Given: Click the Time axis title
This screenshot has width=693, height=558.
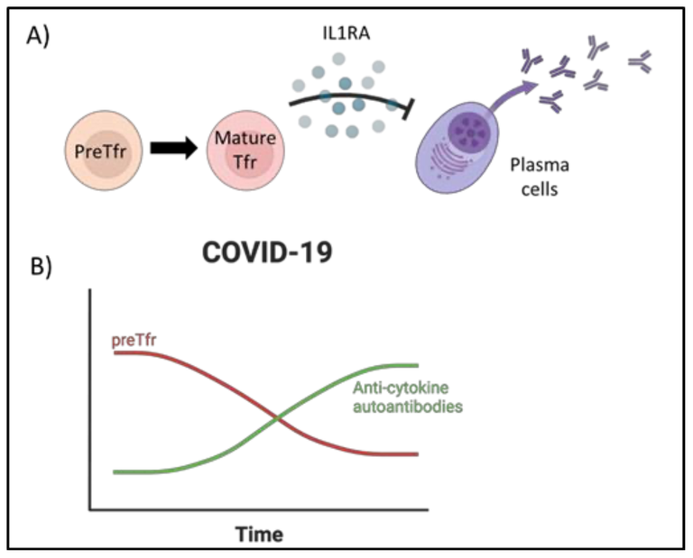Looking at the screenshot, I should pyautogui.click(x=259, y=534).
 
